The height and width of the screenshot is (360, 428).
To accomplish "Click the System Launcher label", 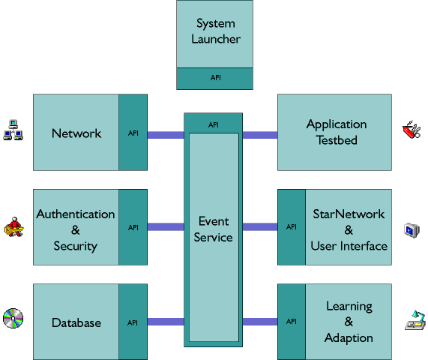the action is (216, 31).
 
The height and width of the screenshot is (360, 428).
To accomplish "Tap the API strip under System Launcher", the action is (214, 79).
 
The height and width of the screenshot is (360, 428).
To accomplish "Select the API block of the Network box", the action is (133, 133).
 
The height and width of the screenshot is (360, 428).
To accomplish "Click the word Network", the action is (76, 133).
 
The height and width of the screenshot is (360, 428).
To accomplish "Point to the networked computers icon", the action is (13, 130).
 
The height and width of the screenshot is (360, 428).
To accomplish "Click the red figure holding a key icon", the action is (13, 227).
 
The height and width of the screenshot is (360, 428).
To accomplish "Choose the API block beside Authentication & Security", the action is (133, 227).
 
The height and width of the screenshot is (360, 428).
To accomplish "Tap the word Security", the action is (76, 246).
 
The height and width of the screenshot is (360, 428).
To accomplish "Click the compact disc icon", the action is (13, 319).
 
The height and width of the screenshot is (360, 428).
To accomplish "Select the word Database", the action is (76, 322).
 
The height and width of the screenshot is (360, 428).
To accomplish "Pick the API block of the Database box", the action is (133, 322).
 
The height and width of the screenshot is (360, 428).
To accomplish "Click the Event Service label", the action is (214, 229).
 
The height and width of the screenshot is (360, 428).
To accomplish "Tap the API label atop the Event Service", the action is (214, 125).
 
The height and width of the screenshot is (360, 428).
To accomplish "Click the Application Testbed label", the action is (337, 132).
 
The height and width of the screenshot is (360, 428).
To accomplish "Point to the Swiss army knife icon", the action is (412, 130).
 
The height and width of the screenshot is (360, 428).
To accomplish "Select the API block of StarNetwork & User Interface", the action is (292, 227).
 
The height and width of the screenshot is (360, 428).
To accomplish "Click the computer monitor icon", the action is (412, 230).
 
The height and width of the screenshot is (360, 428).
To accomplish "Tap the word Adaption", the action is (349, 338).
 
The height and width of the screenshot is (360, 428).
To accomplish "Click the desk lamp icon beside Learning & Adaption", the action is (415, 320).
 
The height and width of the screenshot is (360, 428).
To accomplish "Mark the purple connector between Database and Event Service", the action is (166, 322).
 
